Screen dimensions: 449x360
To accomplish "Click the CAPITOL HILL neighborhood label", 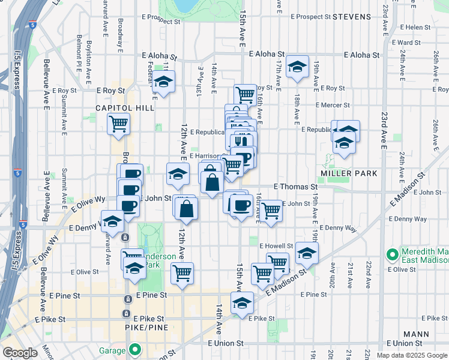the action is coord(124,108).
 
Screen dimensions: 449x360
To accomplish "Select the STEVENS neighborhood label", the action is coord(352,17).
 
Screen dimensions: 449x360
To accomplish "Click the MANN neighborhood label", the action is coord(416,334).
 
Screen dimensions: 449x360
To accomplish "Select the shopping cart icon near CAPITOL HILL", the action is coord(119,124).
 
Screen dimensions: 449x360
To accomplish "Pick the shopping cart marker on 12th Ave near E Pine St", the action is coord(182,272).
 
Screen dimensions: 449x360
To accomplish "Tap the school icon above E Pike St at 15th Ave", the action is coord(242,302).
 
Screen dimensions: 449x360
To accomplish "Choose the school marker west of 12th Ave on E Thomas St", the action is coord(176,175).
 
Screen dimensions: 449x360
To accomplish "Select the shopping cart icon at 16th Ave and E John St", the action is coord(271,211).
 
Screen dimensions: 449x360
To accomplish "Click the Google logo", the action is coord(20,353).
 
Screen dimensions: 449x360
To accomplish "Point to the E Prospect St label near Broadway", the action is coord(161,21).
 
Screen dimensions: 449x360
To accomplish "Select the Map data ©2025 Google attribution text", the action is coord(411,355).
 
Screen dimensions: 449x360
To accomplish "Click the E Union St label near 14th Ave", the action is coord(226,343).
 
